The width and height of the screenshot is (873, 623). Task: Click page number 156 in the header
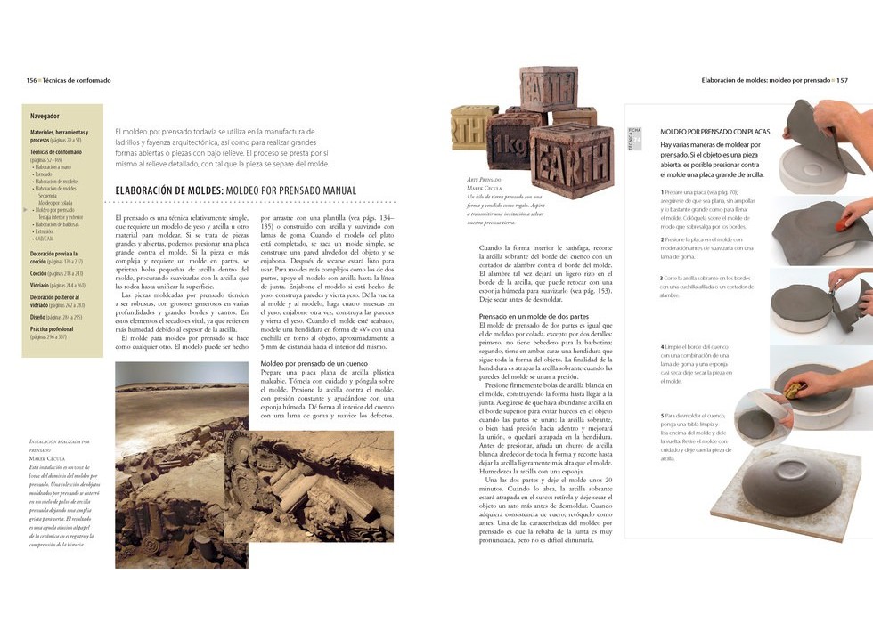(x=31, y=80)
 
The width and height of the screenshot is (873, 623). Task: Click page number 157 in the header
(x=842, y=80)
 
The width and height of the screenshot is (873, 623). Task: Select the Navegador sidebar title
(x=45, y=117)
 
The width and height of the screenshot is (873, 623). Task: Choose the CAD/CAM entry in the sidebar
(x=44, y=239)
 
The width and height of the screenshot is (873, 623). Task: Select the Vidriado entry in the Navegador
(x=43, y=285)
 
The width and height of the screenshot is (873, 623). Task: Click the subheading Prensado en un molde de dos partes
(x=534, y=317)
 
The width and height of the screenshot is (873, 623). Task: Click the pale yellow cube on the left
(x=471, y=127)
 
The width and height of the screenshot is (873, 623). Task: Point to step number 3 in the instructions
(x=662, y=279)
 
